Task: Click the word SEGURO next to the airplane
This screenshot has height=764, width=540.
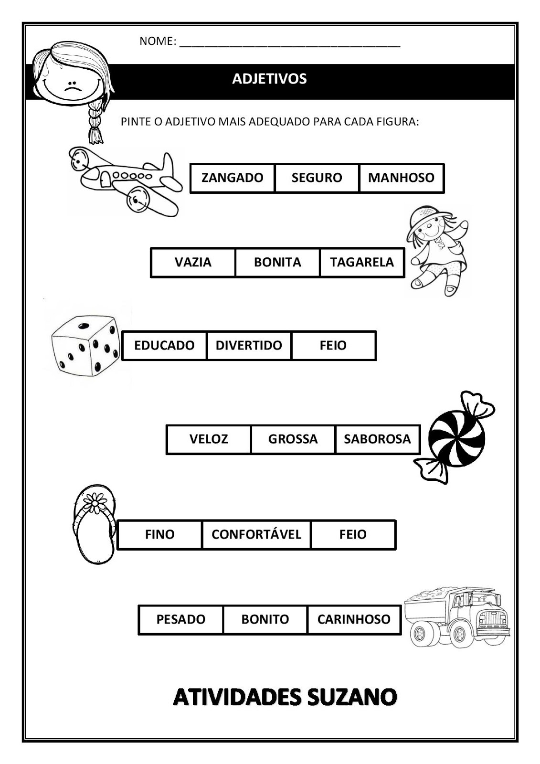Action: [317, 178]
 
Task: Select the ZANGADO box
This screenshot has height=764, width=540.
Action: [232, 178]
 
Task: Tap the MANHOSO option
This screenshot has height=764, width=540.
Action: [401, 178]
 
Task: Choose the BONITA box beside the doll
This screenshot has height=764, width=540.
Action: [277, 262]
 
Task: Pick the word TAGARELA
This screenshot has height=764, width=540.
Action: [361, 262]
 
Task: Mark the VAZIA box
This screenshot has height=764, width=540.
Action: [193, 262]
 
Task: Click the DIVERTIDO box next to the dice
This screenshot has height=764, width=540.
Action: [249, 345]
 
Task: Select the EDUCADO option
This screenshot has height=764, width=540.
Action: [164, 345]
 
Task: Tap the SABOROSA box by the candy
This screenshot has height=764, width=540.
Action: [377, 439]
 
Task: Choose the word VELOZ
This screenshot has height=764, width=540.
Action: [209, 439]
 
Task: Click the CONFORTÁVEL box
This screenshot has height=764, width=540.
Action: [256, 534]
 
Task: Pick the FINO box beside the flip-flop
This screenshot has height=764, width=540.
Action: [159, 534]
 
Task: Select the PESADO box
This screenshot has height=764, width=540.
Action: [180, 619]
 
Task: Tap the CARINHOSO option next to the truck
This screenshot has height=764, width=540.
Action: [354, 619]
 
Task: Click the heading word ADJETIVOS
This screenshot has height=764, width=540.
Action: [269, 79]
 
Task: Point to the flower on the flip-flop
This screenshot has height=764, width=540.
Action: [95, 503]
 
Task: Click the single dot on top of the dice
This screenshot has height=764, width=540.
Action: [84, 326]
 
